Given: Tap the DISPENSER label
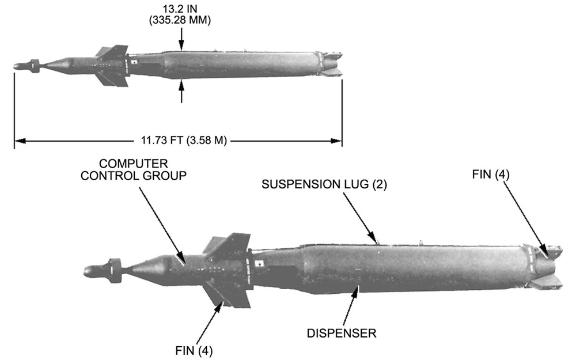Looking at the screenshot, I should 342,333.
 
